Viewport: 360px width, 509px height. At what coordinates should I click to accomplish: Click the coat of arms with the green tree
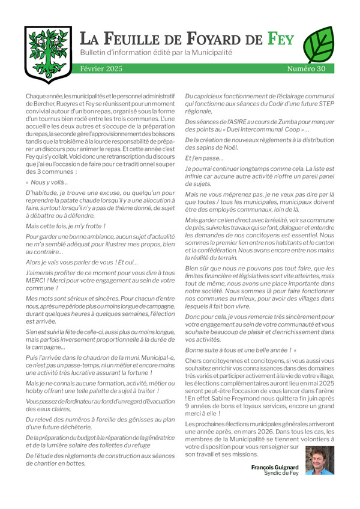(47, 54)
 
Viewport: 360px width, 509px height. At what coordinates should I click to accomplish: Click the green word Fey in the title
(281, 40)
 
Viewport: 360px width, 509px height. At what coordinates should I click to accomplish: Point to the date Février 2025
(101, 69)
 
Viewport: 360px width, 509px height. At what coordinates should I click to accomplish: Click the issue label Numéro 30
(306, 69)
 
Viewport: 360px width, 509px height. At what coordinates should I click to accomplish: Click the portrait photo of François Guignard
(320, 460)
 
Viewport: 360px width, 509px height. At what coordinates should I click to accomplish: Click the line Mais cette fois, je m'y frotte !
(66, 226)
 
